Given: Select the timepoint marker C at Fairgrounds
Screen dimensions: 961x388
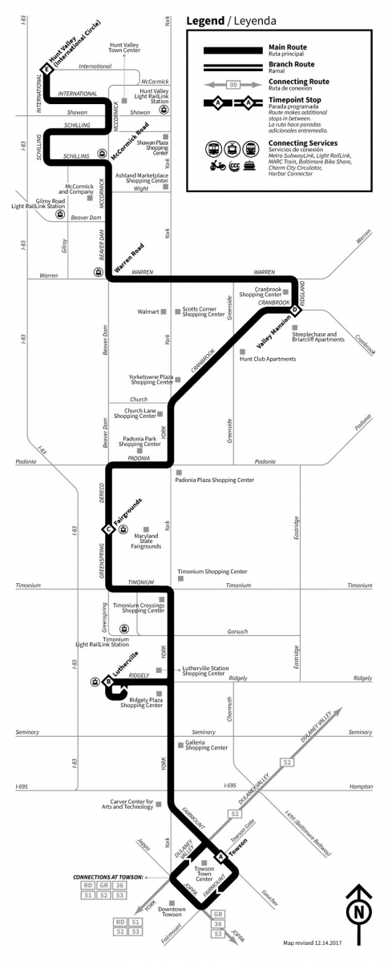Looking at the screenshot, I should coord(107,529).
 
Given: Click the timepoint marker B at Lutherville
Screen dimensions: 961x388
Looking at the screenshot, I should coord(107,682).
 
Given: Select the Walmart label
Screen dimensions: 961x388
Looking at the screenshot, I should coord(147,311).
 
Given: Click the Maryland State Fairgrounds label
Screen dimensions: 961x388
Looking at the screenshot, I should coord(147,541).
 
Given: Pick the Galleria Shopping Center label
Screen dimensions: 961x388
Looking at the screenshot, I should coord(204,746).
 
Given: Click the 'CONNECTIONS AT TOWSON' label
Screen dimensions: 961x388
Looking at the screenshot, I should coord(108,877).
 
